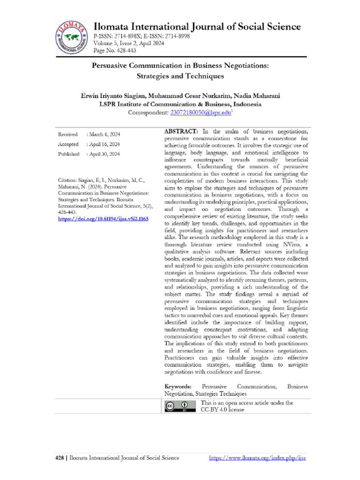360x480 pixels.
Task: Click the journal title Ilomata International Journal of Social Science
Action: pyautogui.click(x=197, y=26)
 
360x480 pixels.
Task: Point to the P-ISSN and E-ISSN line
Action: pyautogui.click(x=142, y=36)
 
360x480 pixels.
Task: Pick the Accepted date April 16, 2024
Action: pyautogui.click(x=103, y=144)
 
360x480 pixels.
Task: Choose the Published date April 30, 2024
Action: pyautogui.click(x=103, y=154)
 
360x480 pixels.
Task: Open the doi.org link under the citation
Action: pyautogui.click(x=103, y=218)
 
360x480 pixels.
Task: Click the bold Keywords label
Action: pyautogui.click(x=178, y=387)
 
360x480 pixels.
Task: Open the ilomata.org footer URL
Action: pyautogui.click(x=257, y=458)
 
